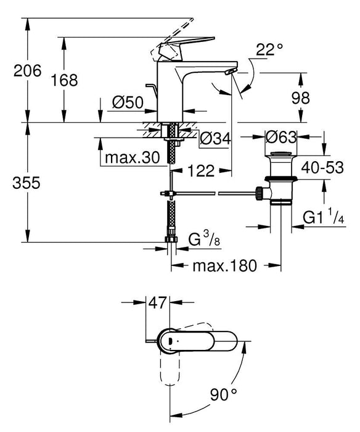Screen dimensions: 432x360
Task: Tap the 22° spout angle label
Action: coord(269,50)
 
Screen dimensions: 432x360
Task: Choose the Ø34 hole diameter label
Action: coord(215,138)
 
